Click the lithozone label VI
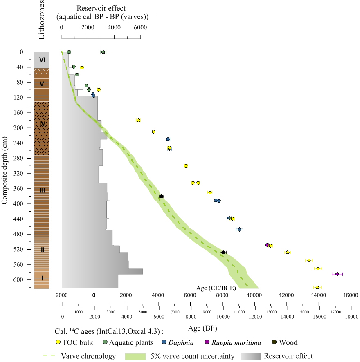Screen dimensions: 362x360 [42, 60]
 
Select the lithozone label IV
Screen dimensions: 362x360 [42, 123]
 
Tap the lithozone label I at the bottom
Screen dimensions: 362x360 [42, 278]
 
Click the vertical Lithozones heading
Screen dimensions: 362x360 [41, 20]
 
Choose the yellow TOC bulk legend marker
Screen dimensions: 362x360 [59, 342]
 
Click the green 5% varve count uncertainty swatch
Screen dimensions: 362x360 [134, 356]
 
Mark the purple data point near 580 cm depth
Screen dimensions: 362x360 [337, 274]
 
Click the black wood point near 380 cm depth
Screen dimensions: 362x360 [161, 197]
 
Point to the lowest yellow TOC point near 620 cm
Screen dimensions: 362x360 [317, 288]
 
